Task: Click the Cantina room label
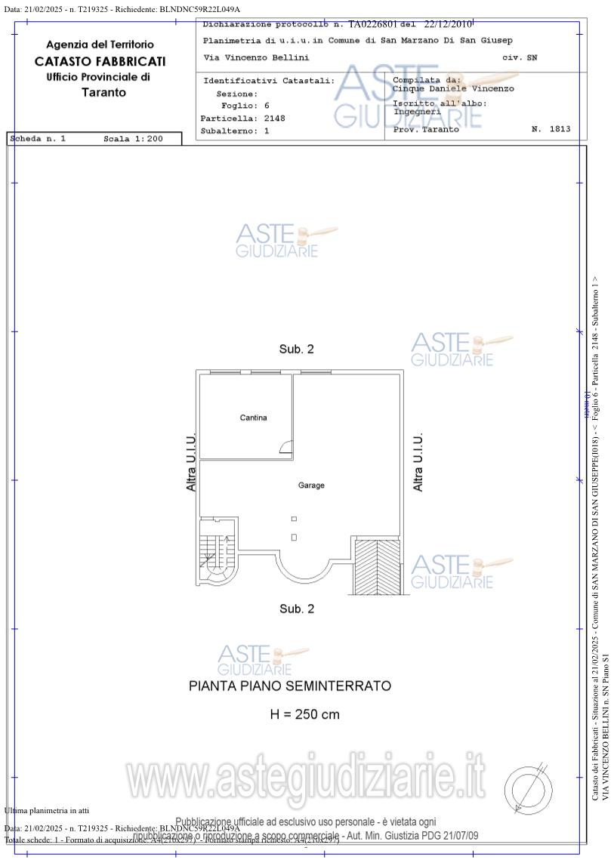[x=253, y=418]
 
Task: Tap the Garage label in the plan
[x=311, y=485]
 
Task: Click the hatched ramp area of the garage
[x=376, y=566]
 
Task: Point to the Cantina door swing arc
[x=286, y=448]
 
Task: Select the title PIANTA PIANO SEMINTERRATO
[x=290, y=686]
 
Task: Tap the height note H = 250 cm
[x=304, y=714]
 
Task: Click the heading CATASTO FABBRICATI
[x=100, y=61]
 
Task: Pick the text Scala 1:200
[x=133, y=139]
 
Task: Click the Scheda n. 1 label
[x=39, y=139]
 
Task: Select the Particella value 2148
[x=274, y=119]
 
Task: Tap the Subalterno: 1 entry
[x=234, y=131]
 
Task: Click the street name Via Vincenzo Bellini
[x=256, y=57]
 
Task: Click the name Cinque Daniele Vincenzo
[x=453, y=88]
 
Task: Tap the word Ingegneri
[x=417, y=111]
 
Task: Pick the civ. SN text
[x=520, y=57]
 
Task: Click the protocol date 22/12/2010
[x=448, y=24]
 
